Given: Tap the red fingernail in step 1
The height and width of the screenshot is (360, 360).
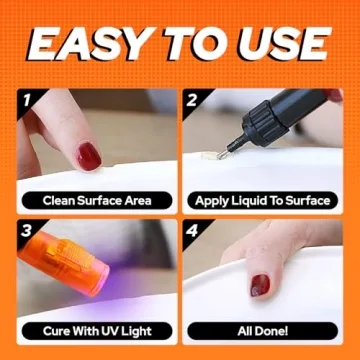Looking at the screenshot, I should point(89,156).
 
